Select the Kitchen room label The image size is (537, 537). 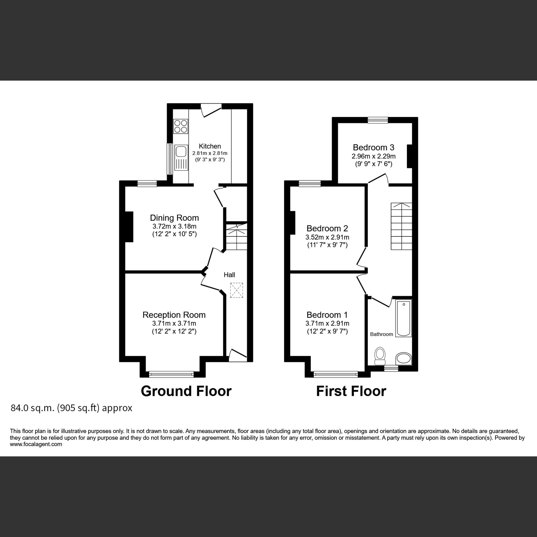click(210, 146)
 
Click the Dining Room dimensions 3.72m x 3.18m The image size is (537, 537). click(174, 226)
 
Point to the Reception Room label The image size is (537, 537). click(174, 315)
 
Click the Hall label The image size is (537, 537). click(229, 275)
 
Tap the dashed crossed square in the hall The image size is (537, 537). click(237, 290)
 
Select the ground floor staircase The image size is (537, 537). click(236, 237)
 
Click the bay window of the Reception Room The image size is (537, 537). click(171, 374)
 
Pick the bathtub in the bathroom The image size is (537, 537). click(404, 318)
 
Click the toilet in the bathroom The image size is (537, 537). click(380, 356)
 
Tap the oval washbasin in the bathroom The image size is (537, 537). click(404, 358)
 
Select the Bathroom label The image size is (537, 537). click(381, 334)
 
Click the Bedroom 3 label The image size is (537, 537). click(373, 147)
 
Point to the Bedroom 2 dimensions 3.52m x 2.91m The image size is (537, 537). click(327, 237)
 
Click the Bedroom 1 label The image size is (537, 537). click(327, 315)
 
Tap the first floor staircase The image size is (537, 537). click(401, 226)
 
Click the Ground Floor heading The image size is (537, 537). click(186, 391)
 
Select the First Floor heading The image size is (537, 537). click(351, 391)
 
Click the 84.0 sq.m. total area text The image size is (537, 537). click(71, 408)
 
